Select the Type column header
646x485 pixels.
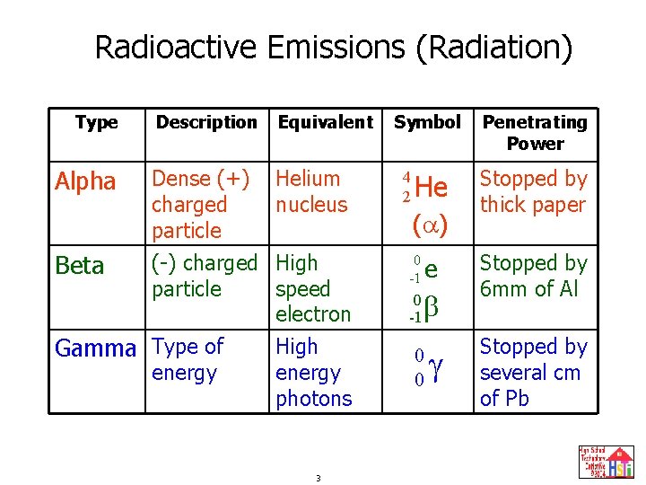[96, 122]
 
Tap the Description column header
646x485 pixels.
[206, 122]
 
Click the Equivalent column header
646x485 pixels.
[325, 122]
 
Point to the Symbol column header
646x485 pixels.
[427, 122]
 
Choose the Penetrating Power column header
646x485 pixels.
[535, 132]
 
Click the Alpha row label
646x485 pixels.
[85, 182]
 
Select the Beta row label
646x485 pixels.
[79, 266]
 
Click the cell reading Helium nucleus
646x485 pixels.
[310, 192]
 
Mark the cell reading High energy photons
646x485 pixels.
[313, 372]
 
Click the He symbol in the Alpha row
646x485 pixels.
[432, 188]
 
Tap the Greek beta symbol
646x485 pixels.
[431, 308]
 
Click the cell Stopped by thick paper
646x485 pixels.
[533, 192]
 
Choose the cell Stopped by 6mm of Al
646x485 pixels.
[533, 276]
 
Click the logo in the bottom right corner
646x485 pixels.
[607, 462]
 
